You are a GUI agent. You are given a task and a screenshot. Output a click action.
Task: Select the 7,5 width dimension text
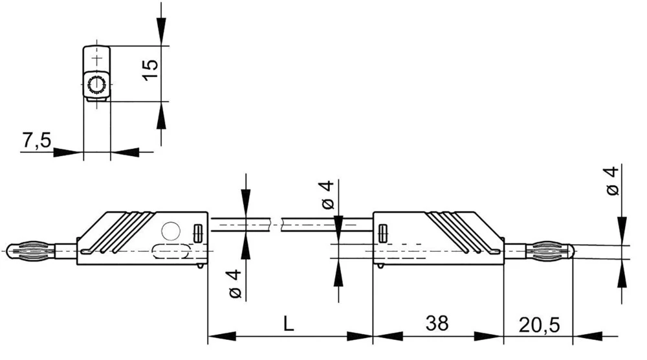(x=36, y=141)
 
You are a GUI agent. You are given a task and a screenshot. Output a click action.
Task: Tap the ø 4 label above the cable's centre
(x=327, y=195)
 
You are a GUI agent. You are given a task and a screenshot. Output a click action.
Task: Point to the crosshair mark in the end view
(x=97, y=60)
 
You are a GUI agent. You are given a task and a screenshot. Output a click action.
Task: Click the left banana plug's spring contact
(x=30, y=249)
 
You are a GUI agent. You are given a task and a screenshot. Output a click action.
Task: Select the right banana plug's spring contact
(x=551, y=249)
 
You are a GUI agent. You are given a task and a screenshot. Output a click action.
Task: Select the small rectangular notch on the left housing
(x=199, y=232)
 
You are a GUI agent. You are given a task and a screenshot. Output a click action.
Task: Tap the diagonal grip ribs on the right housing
(x=453, y=230)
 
